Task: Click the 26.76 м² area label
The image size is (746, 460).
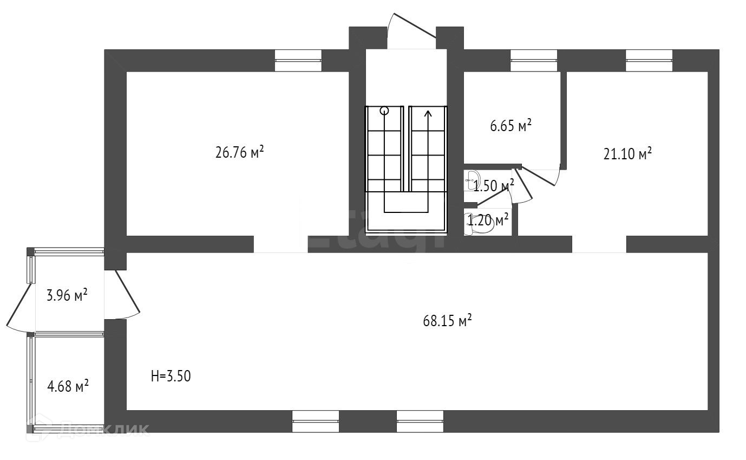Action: coord(239,152)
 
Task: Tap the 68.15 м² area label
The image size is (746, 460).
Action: coord(447,321)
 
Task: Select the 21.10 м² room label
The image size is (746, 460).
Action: coord(627,154)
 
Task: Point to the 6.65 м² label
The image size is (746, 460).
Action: coord(511,126)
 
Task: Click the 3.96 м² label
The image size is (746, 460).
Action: coord(67,296)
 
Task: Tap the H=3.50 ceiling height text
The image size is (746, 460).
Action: coord(171,376)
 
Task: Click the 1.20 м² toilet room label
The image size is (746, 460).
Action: coord(488,220)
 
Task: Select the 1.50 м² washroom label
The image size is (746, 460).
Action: coord(493,186)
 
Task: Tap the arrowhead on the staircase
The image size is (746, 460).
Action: coord(428,114)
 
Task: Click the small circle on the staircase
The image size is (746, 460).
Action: coord(384,111)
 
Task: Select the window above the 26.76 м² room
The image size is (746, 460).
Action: coord(298,60)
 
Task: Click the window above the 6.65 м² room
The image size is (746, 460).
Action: coord(534,60)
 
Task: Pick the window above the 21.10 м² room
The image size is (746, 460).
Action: coord(649,60)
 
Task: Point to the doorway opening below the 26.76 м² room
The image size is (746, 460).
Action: coord(280,244)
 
